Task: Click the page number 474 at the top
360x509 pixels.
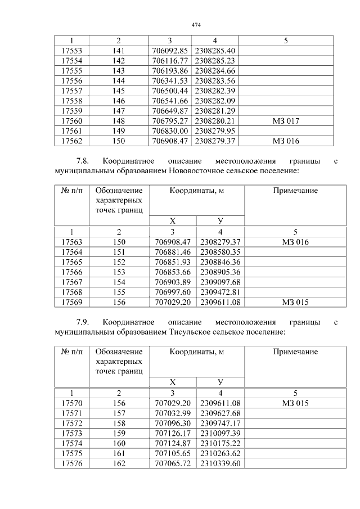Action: click(196, 25)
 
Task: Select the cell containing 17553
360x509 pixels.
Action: click(71, 50)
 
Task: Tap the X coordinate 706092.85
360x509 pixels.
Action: click(170, 50)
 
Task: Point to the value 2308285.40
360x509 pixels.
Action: click(215, 50)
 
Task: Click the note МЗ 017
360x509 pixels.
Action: click(286, 121)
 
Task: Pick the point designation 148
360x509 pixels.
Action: click(119, 121)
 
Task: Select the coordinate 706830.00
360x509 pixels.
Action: click(170, 131)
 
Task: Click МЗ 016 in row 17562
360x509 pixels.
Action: click(286, 141)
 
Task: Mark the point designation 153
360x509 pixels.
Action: click(119, 272)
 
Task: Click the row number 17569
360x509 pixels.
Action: click(71, 303)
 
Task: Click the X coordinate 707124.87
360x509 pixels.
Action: click(173, 444)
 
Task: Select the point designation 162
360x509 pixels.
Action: click(119, 464)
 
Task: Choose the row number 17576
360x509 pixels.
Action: click(71, 464)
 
